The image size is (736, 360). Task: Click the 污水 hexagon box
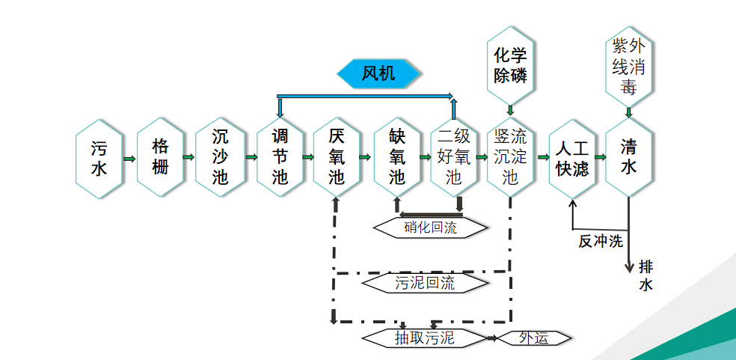(99, 158)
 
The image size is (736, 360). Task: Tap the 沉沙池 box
(220, 157)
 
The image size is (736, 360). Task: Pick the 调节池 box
(280, 157)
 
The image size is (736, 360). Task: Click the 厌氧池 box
(337, 157)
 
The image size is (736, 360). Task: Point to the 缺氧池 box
(397, 157)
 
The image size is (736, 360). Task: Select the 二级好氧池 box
(454, 157)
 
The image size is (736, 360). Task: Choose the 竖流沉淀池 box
(510, 157)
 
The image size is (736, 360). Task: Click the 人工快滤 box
(571, 158)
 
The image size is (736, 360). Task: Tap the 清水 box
(628, 157)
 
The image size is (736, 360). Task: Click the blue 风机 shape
(378, 73)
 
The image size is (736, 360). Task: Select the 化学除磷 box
(510, 65)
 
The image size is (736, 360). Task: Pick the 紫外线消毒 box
(628, 67)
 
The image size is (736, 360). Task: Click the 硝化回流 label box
(430, 228)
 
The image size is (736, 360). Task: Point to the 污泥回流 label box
(424, 283)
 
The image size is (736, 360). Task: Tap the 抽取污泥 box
(424, 338)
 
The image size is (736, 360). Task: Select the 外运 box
(534, 338)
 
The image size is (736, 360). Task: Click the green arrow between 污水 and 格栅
(129, 159)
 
